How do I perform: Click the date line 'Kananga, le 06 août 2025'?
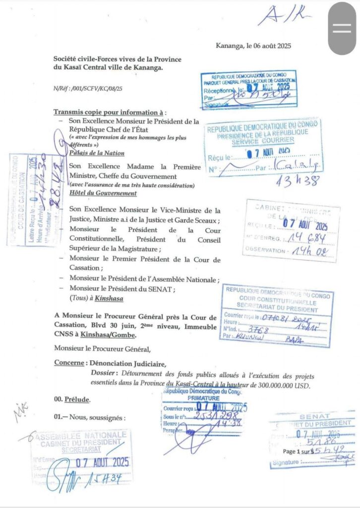pyautogui.click(x=253, y=46)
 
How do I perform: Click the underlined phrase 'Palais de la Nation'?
pyautogui.click(x=97, y=153)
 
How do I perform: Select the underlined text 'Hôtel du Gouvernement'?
pyautogui.click(x=103, y=193)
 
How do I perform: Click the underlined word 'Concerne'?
pyautogui.click(x=69, y=363)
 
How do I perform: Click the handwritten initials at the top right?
pyautogui.click(x=285, y=15)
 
